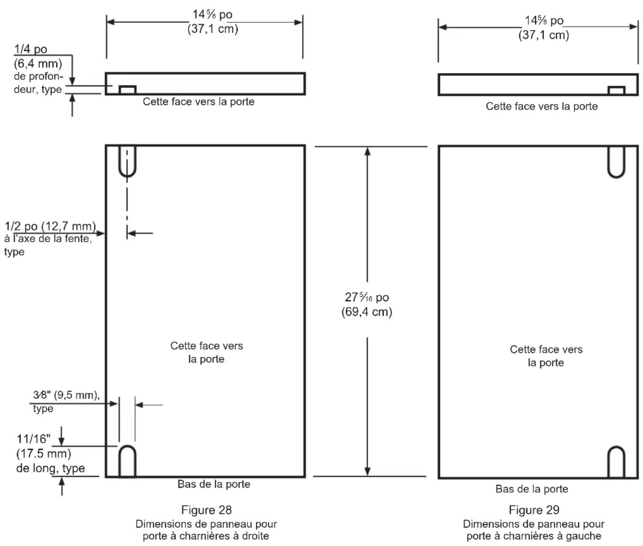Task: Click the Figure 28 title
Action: (207, 510)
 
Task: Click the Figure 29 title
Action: (534, 510)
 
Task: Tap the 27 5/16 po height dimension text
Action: (367, 297)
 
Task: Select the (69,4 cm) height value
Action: (367, 312)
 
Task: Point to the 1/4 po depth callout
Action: (30, 49)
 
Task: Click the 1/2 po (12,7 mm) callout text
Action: (50, 226)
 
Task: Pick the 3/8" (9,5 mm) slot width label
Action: (66, 395)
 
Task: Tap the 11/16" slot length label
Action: (33, 439)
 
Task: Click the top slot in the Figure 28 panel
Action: (127, 161)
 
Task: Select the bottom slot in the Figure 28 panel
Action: (127, 461)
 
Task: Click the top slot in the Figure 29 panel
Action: (616, 162)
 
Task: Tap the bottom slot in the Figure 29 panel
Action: (616, 462)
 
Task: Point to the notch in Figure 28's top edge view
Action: (128, 90)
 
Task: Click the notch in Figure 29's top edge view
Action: (616, 90)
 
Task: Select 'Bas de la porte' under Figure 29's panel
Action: (532, 489)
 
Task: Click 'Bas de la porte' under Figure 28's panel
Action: (214, 484)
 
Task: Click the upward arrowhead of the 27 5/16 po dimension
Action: (367, 151)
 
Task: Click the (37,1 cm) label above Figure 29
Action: (543, 35)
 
